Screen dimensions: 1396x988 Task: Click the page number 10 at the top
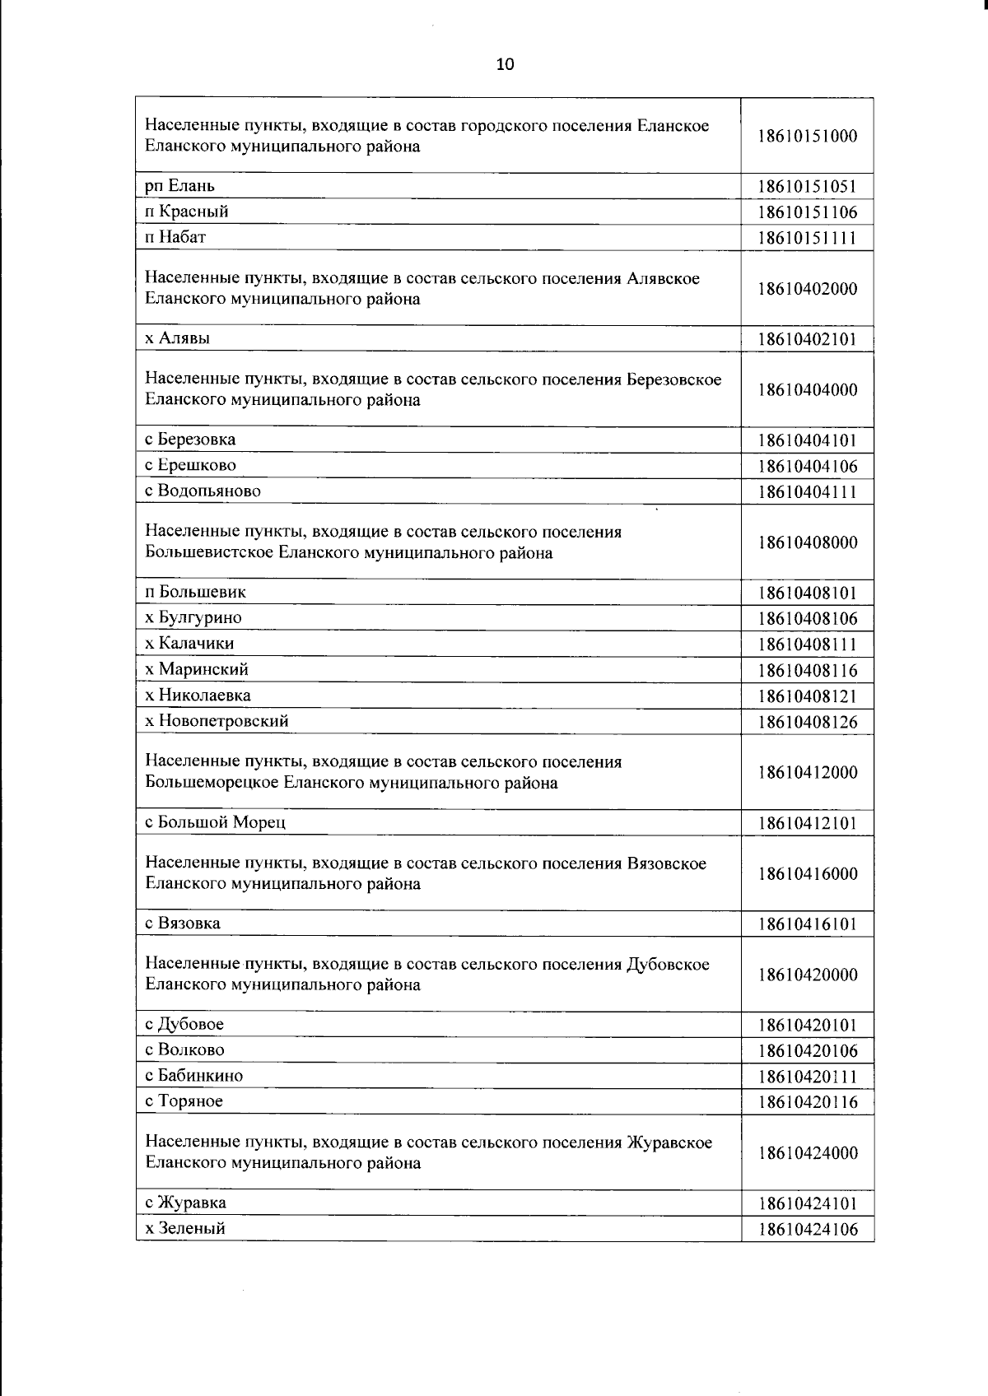point(505,65)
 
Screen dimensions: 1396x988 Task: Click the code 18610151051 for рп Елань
point(807,187)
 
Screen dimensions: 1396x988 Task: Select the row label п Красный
point(187,212)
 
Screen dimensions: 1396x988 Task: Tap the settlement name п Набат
point(175,237)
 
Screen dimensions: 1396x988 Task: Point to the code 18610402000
point(807,289)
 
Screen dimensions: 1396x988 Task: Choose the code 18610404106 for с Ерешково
point(807,467)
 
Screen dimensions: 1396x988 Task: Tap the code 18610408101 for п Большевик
point(807,593)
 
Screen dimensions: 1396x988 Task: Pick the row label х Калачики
point(189,644)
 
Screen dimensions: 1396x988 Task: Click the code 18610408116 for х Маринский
point(807,671)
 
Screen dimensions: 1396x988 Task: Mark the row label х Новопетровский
point(217,721)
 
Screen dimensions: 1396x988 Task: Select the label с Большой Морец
point(216,822)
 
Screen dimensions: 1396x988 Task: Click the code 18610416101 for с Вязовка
point(807,924)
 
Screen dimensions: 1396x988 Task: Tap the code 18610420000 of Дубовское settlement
point(807,975)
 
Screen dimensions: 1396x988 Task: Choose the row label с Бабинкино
point(194,1076)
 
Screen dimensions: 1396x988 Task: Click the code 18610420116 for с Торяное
point(807,1102)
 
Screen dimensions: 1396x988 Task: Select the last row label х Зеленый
point(185,1228)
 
